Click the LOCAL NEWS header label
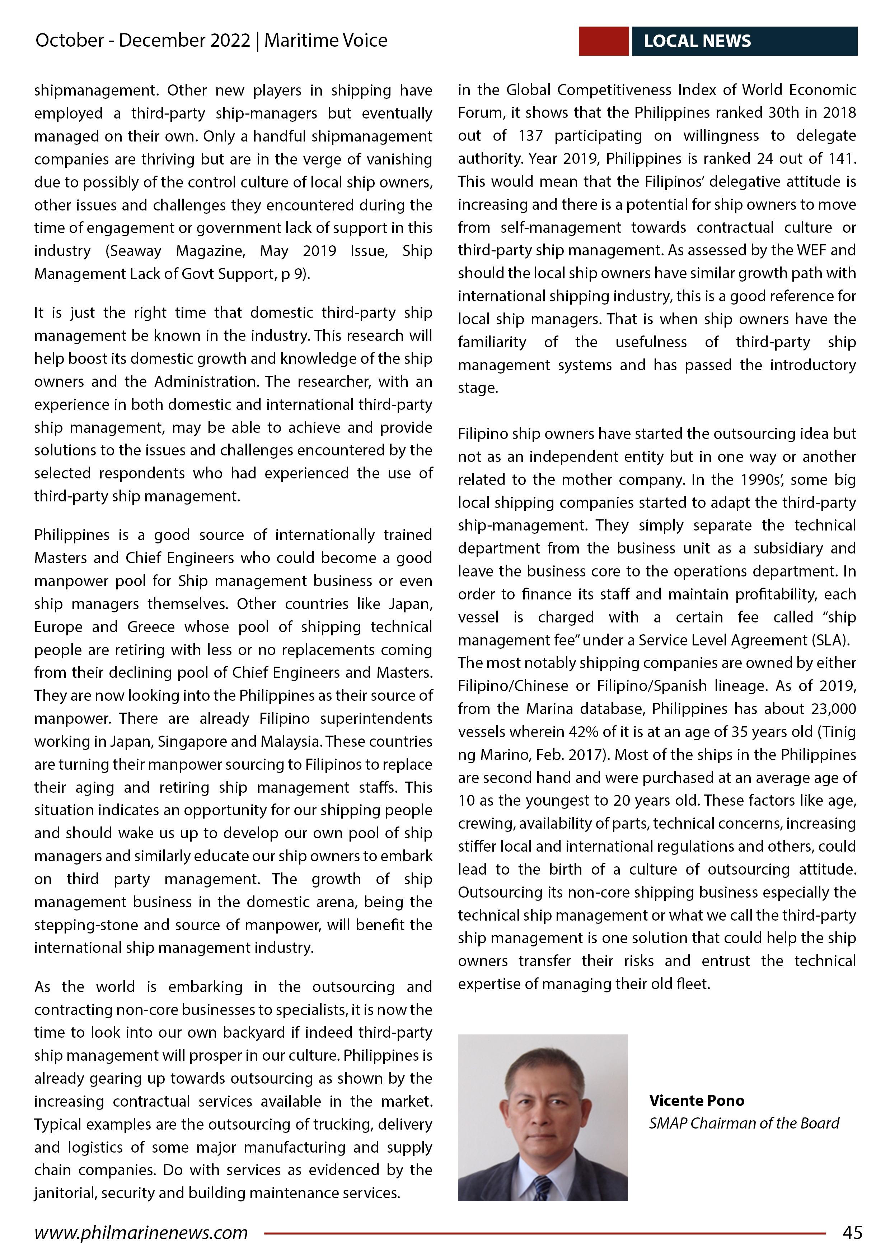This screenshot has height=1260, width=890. (x=697, y=41)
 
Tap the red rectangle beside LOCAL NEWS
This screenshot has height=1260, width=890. (x=603, y=41)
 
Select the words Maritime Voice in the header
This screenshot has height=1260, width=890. (x=326, y=40)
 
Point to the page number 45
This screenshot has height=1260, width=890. (x=852, y=1233)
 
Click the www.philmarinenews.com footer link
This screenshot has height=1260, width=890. (x=141, y=1233)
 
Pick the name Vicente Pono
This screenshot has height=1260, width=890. (x=697, y=1100)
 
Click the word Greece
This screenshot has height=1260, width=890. (x=153, y=627)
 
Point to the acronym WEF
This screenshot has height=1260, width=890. (x=810, y=250)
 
